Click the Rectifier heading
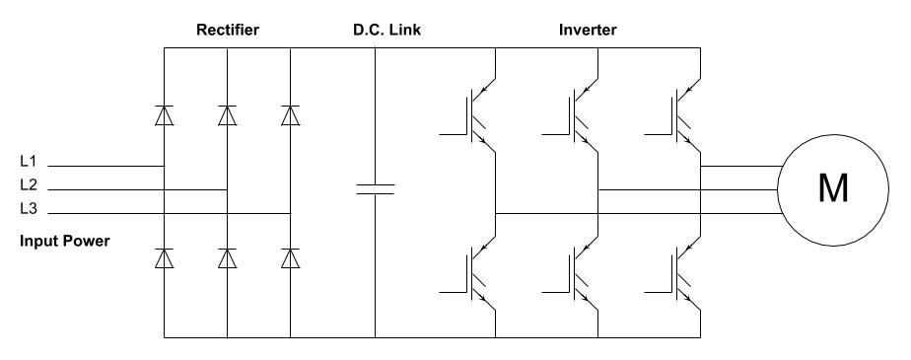227,31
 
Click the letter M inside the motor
832,188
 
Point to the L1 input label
29,161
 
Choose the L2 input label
29,184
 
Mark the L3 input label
29,208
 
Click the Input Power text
65,240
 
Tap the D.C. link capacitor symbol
375,188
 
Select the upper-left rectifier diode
165,115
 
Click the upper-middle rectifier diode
228,115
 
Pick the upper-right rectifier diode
291,115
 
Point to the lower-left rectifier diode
165,258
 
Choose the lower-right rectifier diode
291,258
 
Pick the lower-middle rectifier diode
228,258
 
